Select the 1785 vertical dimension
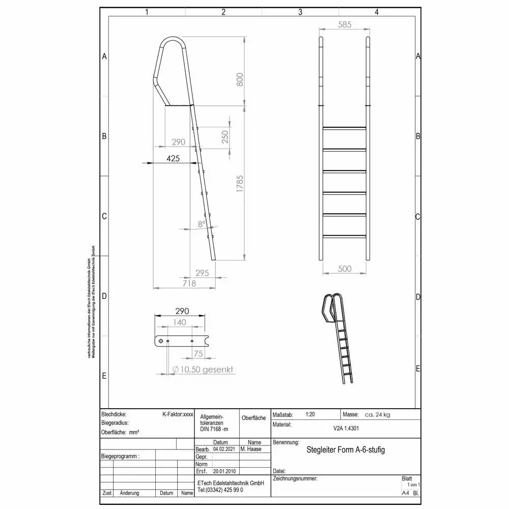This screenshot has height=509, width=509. (x=240, y=187)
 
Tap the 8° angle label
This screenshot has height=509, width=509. (x=202, y=223)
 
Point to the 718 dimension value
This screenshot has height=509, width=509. (x=189, y=283)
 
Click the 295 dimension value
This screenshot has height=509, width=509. (x=202, y=273)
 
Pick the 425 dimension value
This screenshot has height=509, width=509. (x=173, y=158)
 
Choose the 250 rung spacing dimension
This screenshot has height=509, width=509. (x=225, y=136)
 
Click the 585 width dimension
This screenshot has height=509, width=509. (x=344, y=24)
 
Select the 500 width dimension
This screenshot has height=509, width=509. (x=345, y=269)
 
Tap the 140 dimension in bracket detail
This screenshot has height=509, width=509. (x=179, y=322)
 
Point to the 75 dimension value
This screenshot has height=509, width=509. (x=198, y=353)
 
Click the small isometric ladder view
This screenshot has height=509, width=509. (x=339, y=338)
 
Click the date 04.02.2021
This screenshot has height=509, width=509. (x=224, y=449)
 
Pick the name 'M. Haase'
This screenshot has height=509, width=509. (x=250, y=449)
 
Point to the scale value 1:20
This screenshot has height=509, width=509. (x=310, y=415)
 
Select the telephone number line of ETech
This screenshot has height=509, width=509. (x=220, y=490)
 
